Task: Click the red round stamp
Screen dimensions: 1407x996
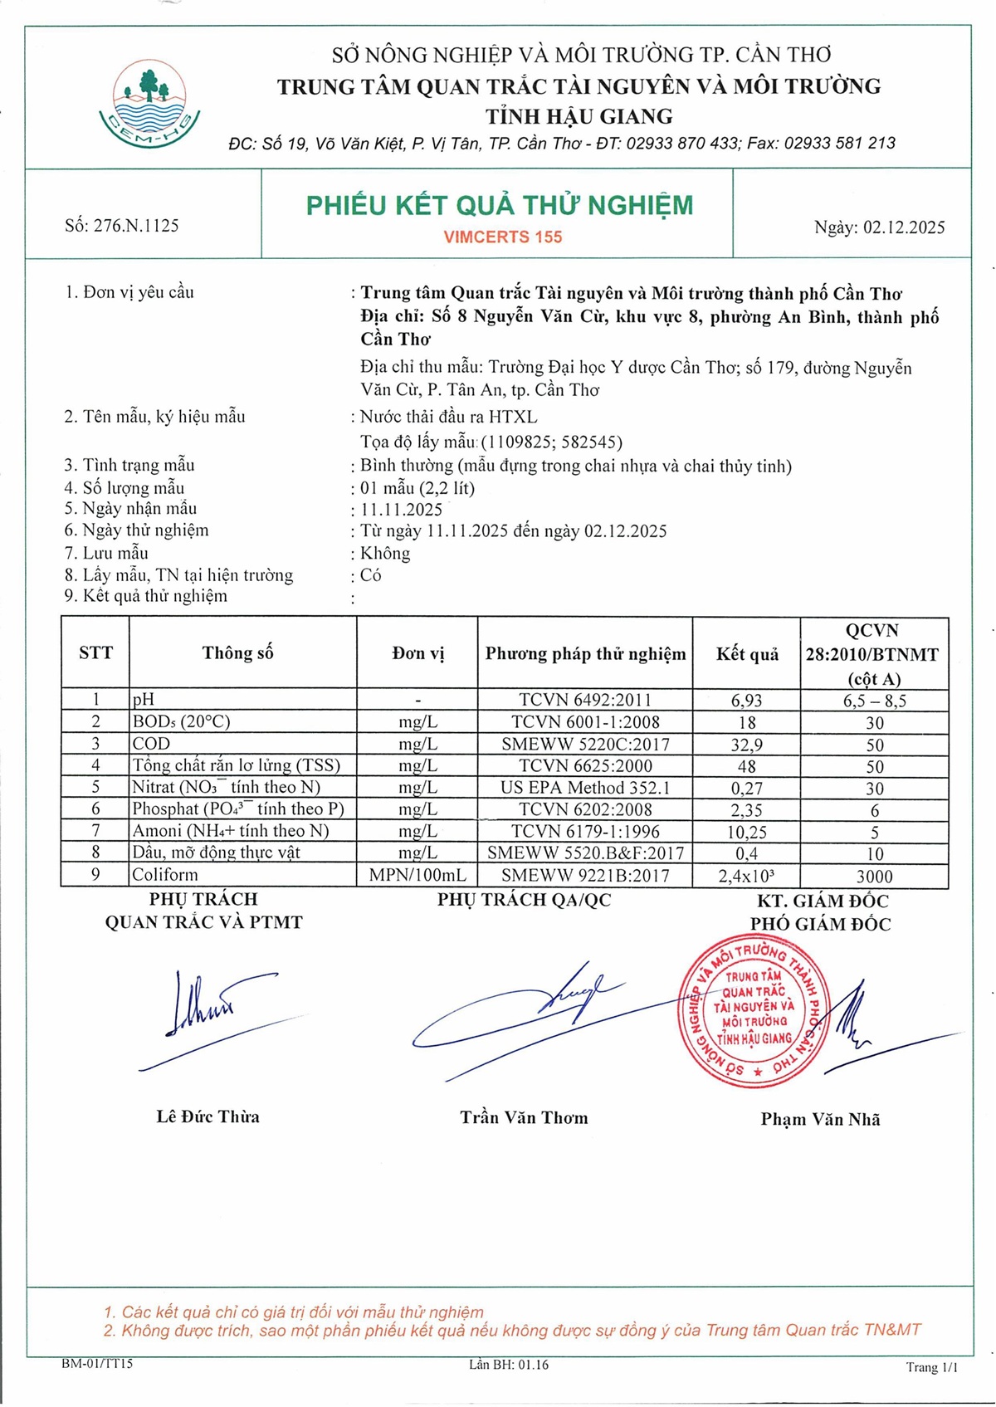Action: [754, 1010]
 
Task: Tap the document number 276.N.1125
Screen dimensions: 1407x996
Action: [122, 226]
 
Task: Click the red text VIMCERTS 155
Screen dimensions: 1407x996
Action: [503, 237]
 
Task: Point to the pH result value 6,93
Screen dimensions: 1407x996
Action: [746, 701]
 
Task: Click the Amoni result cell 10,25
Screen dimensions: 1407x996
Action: [746, 832]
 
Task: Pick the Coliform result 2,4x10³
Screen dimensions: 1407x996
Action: [746, 876]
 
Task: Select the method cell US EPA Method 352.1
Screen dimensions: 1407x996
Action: [585, 788]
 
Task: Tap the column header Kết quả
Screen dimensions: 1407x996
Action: [747, 654]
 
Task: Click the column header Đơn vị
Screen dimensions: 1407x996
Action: [417, 653]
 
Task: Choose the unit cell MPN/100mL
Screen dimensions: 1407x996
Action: [417, 875]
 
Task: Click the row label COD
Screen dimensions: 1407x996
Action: [151, 744]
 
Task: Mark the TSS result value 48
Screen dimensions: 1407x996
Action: [746, 766]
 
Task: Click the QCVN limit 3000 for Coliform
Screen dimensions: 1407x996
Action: [874, 877]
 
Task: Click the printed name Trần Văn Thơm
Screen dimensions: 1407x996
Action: [524, 1118]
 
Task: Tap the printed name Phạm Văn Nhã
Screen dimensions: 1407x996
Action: [820, 1120]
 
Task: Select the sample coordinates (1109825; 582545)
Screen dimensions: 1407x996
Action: [552, 442]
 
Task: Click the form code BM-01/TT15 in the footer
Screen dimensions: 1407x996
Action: [97, 1364]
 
